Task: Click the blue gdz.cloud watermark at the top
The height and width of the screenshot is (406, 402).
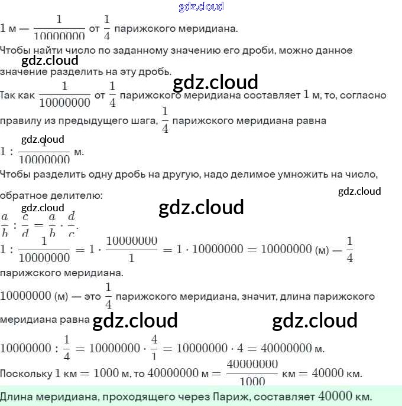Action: pyautogui.click(x=201, y=7)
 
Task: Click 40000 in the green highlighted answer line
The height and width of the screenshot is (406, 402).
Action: pyautogui.click(x=335, y=396)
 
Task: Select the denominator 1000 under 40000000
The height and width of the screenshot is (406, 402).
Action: pyautogui.click(x=252, y=381)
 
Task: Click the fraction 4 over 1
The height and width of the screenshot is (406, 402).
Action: pyautogui.click(x=154, y=348)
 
